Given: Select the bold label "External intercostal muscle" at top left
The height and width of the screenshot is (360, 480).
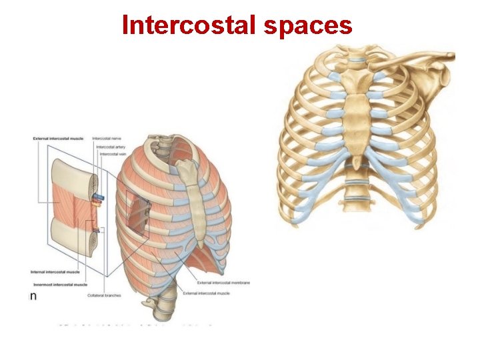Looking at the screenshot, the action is click(58, 138).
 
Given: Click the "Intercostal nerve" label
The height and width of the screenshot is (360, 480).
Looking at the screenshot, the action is click(107, 138).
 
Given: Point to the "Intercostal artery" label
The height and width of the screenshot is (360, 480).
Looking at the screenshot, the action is click(111, 146).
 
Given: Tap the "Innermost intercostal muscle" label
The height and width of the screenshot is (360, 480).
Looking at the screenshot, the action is click(59, 285).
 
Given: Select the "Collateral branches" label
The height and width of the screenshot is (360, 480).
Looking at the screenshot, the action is click(104, 295).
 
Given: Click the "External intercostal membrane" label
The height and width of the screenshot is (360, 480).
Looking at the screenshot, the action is click(224, 283).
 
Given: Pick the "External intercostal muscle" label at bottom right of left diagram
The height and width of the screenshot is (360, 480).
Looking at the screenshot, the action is click(208, 293).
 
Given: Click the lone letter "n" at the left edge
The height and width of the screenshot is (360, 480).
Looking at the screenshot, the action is click(33, 295).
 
